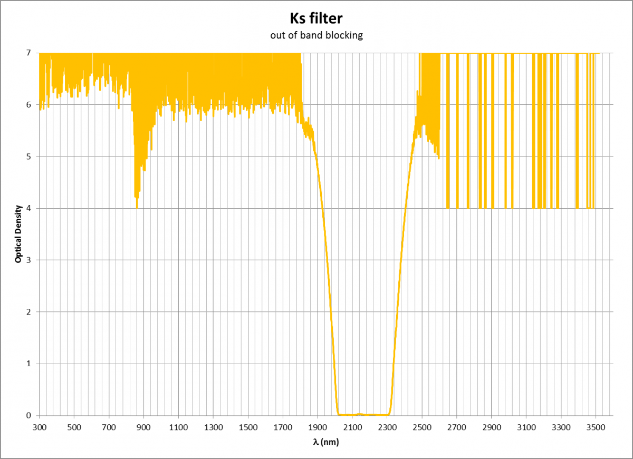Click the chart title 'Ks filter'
click(x=316, y=19)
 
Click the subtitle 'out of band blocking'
click(x=316, y=36)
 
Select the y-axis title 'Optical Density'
click(x=18, y=234)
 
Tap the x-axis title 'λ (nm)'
click(x=325, y=442)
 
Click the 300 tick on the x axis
click(x=40, y=426)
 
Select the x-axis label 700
click(x=109, y=426)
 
